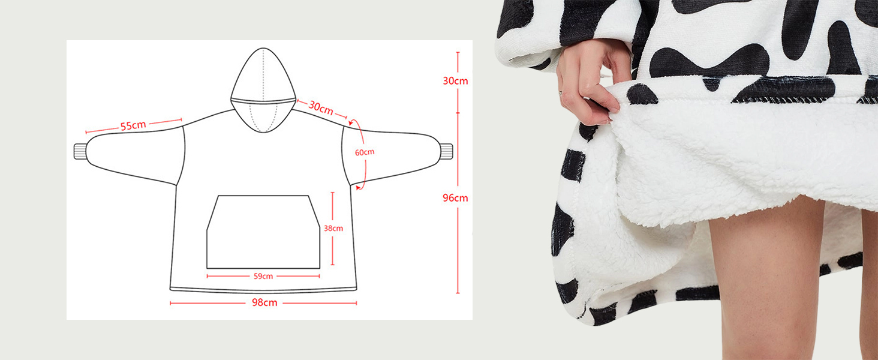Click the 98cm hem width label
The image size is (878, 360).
click(x=264, y=302)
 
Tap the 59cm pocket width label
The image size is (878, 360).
click(x=263, y=276)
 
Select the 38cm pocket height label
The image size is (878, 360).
click(x=333, y=228)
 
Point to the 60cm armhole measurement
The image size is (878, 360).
click(x=364, y=152)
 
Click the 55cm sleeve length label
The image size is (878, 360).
click(x=133, y=126)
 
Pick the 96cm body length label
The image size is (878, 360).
click(x=455, y=197)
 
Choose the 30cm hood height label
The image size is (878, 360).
click(x=455, y=80)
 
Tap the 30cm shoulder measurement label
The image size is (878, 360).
click(x=321, y=108)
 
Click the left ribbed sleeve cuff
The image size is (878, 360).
click(x=80, y=151)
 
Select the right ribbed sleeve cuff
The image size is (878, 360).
click(x=446, y=151)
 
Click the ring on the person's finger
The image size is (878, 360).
click(x=561, y=93)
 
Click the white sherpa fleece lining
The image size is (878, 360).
click(x=720, y=156)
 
